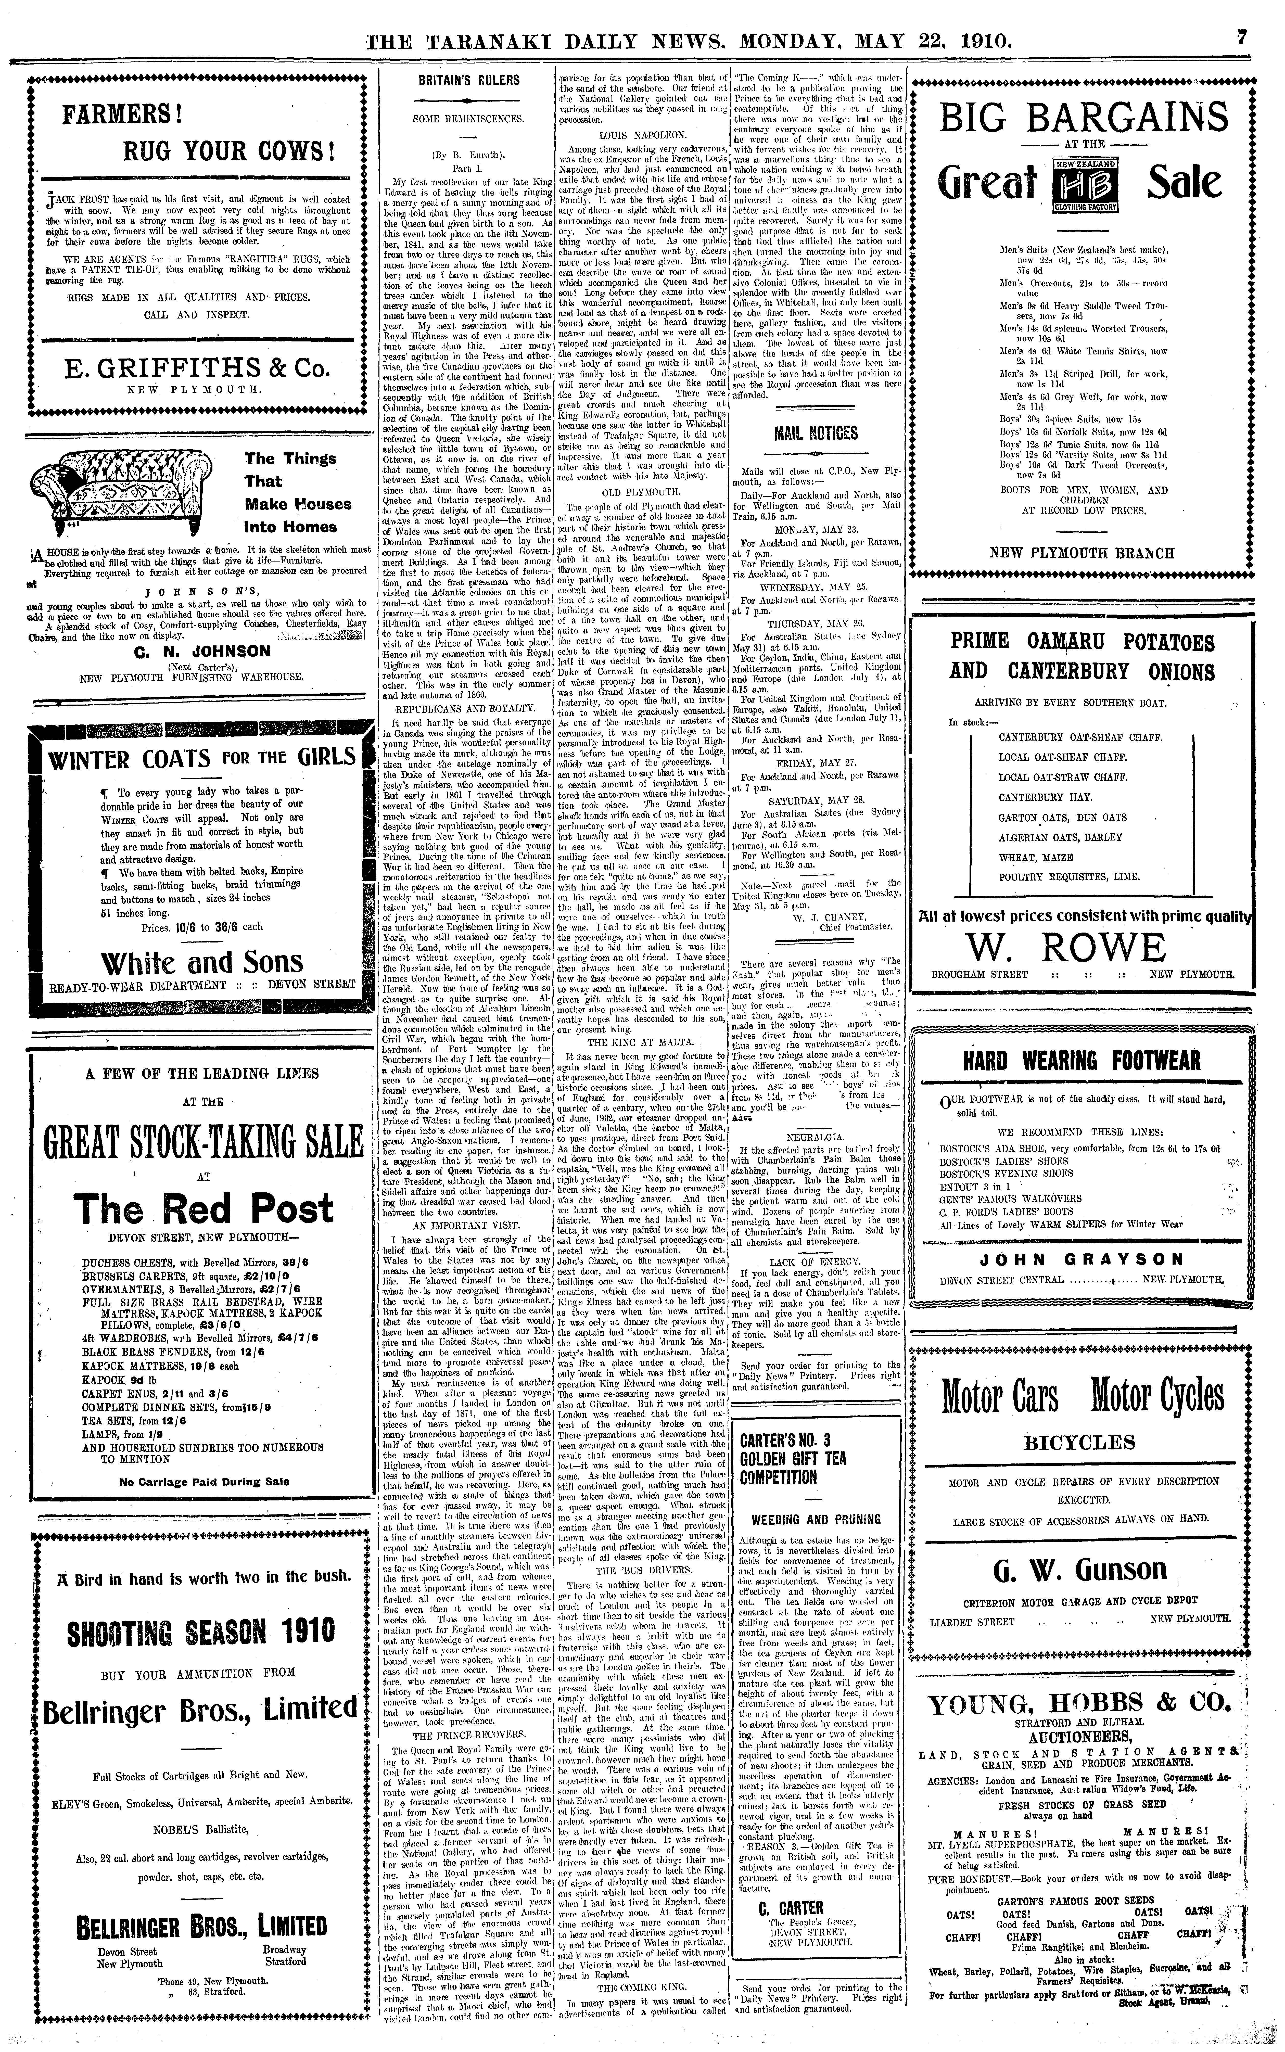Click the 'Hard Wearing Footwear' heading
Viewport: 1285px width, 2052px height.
pyautogui.click(x=1081, y=1060)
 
